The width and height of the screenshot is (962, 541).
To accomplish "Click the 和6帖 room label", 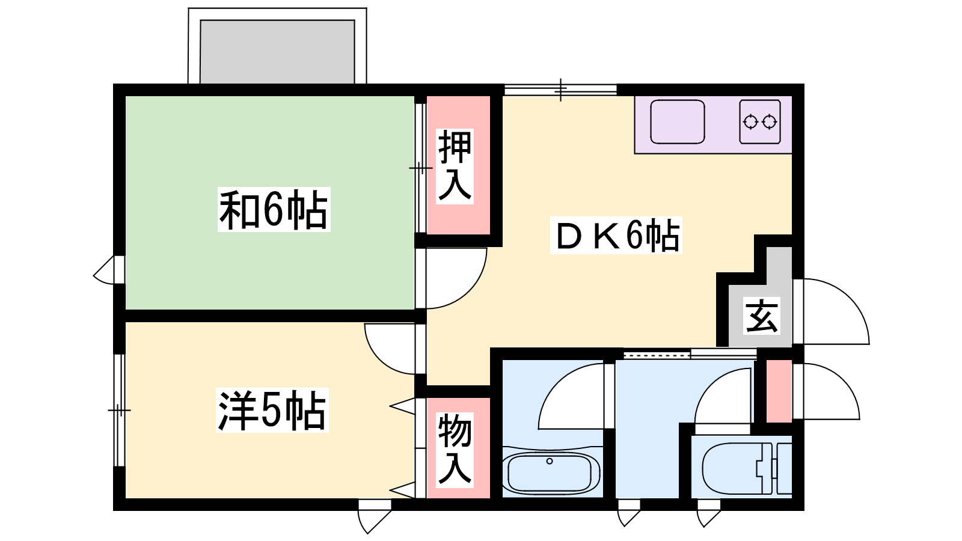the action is (274, 210).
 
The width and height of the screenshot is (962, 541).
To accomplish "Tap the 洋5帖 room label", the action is (272, 410).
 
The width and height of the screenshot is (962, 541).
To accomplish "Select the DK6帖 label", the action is (616, 235).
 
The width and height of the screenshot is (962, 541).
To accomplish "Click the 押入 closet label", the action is (455, 166).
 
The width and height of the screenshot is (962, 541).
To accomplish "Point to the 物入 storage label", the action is (455, 450).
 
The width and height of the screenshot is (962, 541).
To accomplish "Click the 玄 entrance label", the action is (762, 316).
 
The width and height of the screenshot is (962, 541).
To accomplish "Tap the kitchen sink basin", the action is (677, 122).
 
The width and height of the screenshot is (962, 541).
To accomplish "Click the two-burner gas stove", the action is (760, 122).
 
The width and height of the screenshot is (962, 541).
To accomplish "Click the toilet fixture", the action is (746, 468).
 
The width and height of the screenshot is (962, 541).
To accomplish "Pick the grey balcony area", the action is (277, 52).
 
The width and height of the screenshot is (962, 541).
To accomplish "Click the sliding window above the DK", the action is (560, 90).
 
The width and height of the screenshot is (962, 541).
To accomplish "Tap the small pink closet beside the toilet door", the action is (779, 391).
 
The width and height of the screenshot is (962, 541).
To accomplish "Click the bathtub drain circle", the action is (550, 461).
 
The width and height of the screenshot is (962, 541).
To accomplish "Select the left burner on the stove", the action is (750, 122).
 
